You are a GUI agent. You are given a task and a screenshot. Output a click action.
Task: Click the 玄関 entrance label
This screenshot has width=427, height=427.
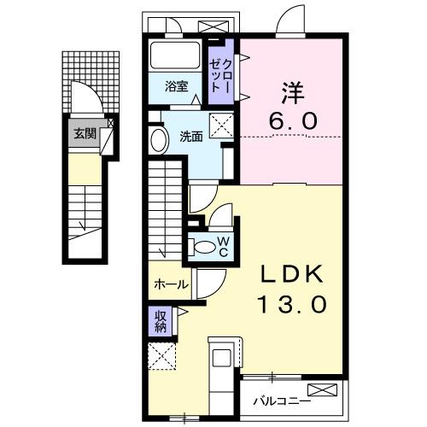83,132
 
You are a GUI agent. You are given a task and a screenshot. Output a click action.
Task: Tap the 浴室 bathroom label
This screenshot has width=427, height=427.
178,85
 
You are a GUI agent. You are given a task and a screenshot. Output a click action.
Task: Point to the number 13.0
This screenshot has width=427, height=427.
290,304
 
